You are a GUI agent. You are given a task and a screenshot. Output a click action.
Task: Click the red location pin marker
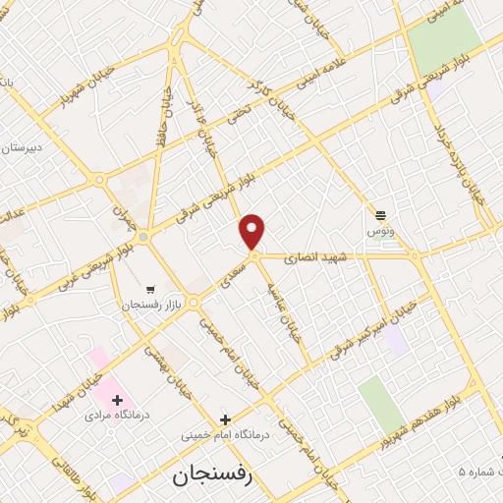click(253, 232)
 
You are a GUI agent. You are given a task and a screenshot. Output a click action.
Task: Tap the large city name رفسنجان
click(212, 476)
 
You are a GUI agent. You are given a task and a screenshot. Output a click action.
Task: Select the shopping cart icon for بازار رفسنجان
click(149, 289)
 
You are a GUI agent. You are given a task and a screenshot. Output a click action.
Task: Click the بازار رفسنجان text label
click(127, 306)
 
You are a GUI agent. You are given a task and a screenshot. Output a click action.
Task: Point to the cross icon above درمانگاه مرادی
click(118, 399)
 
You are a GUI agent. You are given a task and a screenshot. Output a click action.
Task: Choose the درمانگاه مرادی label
click(113, 416)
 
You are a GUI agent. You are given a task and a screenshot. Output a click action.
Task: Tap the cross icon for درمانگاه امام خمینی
click(224, 419)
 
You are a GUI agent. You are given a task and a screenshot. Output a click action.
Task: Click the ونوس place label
click(380, 230)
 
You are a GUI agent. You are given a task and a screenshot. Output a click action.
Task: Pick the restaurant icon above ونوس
click(380, 214)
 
